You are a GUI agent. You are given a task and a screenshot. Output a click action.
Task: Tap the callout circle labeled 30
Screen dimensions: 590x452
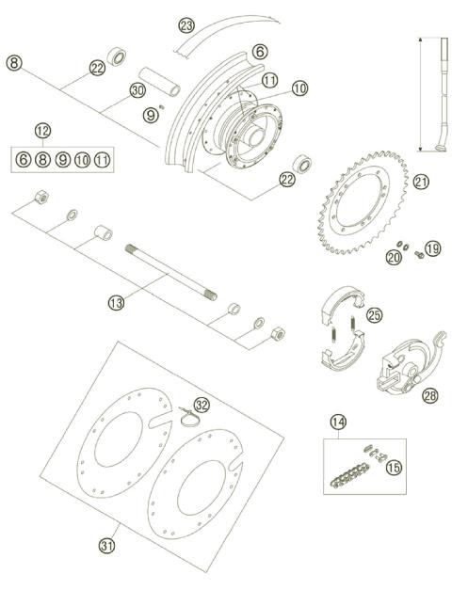pyautogui.click(x=138, y=89)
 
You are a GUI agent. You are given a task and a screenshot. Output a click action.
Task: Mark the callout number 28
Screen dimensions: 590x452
pyautogui.click(x=429, y=395)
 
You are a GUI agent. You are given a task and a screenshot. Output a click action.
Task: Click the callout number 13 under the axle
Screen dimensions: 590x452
pyautogui.click(x=116, y=302)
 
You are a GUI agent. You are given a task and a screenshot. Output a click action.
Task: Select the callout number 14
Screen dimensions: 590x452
pyautogui.click(x=336, y=423)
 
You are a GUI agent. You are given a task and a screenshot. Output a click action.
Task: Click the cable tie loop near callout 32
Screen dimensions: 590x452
pyautogui.click(x=188, y=416)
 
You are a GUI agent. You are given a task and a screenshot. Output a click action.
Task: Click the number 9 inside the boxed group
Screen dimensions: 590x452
pyautogui.click(x=63, y=160)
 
